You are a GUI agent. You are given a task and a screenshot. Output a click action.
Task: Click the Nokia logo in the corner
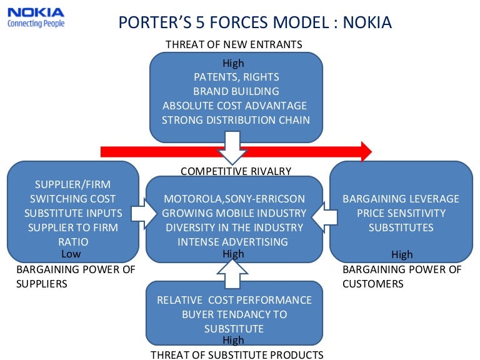click(x=35, y=16)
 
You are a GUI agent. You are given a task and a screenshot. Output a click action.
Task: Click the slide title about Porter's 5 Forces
click(x=255, y=23)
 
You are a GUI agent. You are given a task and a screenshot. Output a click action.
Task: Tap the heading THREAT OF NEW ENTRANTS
click(x=234, y=44)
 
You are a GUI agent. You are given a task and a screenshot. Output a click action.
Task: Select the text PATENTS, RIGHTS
click(x=236, y=77)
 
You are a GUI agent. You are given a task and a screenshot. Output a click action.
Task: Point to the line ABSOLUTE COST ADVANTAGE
click(x=235, y=106)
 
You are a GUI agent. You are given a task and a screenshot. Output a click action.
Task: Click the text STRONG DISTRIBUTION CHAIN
click(x=236, y=119)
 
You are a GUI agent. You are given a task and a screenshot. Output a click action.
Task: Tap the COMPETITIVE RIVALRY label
click(x=236, y=171)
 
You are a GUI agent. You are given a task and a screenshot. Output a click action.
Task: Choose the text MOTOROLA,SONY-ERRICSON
click(x=235, y=199)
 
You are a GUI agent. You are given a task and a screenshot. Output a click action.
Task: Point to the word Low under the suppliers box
click(x=71, y=254)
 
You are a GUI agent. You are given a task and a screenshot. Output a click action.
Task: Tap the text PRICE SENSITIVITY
click(x=401, y=213)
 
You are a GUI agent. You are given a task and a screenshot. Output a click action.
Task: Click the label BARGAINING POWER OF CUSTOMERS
click(x=402, y=276)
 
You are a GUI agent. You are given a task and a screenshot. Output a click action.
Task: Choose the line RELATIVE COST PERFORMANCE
click(x=234, y=300)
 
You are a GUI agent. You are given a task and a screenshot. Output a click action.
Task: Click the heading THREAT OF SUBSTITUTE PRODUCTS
click(x=237, y=355)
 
